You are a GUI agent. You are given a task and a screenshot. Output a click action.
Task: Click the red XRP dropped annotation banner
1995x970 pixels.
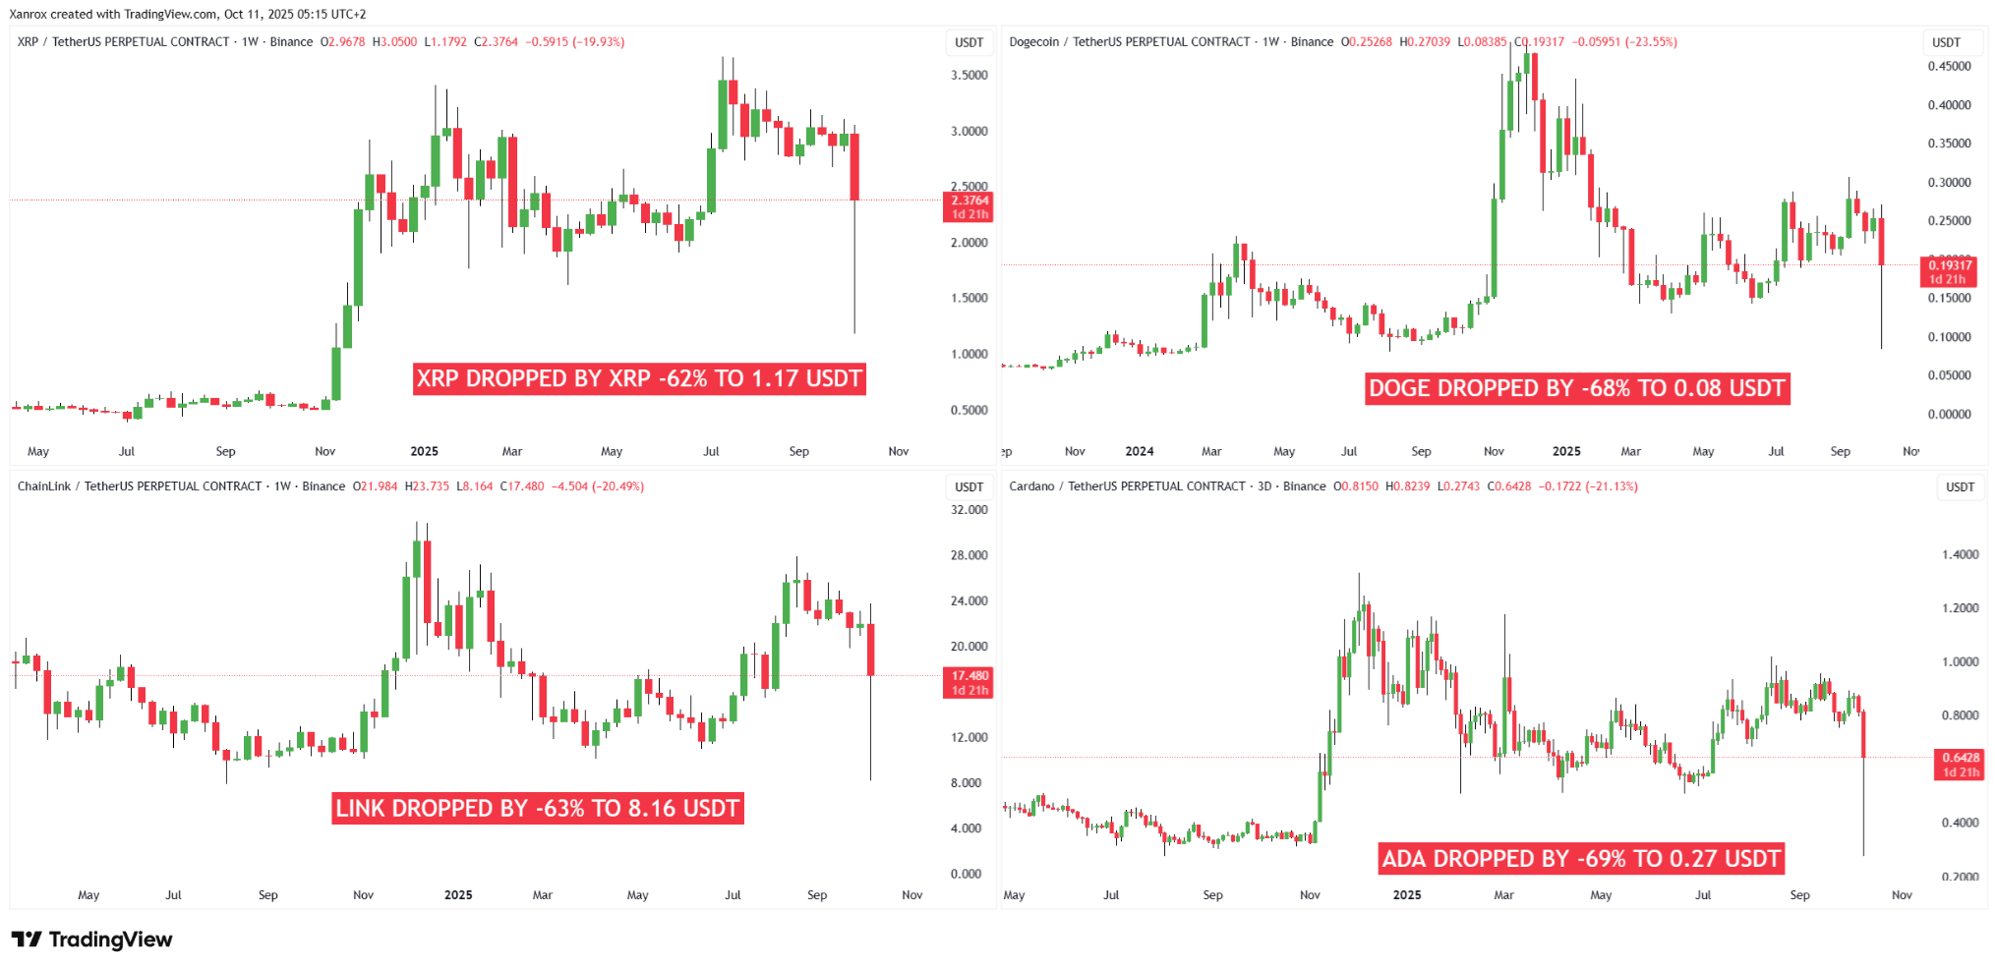click(639, 378)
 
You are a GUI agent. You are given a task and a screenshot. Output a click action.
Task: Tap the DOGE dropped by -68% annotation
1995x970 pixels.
click(1577, 388)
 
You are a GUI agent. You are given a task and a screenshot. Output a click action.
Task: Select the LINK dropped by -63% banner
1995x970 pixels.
click(538, 808)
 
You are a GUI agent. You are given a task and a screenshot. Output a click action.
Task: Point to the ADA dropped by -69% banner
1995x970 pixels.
click(1581, 858)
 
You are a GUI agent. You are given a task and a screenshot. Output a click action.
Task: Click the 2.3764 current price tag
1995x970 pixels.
click(968, 206)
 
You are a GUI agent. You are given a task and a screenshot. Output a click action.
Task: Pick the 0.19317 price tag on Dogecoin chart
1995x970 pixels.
click(1948, 271)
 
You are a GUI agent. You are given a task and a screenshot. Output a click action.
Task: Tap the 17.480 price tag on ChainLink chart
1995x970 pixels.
click(968, 682)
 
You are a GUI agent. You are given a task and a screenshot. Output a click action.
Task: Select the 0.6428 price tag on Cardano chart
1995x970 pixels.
click(1960, 764)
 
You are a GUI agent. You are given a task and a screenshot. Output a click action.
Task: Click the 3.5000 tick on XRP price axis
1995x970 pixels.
click(968, 76)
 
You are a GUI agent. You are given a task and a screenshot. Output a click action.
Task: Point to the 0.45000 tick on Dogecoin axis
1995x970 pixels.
click(1949, 67)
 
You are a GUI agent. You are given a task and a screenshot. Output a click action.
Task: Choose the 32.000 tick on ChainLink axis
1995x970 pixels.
click(968, 510)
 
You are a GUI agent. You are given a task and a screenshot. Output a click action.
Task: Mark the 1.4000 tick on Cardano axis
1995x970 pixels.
click(1960, 555)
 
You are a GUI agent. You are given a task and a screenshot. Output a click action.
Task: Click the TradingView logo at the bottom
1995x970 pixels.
click(91, 940)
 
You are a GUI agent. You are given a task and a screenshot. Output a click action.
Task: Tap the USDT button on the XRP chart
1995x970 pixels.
click(968, 42)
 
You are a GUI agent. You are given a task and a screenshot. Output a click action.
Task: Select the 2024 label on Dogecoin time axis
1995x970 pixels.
click(1139, 451)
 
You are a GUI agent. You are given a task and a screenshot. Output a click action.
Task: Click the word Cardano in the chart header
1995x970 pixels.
click(1031, 486)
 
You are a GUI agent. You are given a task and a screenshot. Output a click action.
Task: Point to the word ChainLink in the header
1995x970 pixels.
click(44, 486)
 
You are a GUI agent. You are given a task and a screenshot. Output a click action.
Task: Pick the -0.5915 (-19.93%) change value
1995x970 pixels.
click(574, 42)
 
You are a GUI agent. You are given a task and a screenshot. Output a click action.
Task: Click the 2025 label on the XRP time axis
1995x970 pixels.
click(424, 451)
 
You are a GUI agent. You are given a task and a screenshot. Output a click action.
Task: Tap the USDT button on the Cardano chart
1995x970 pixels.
click(1960, 486)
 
